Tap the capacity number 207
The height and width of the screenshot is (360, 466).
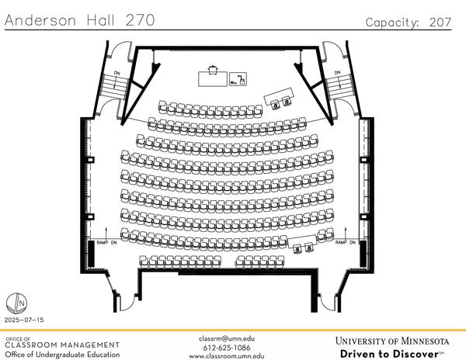tap(440, 22)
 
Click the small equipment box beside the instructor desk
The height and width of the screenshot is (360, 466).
tap(242, 78)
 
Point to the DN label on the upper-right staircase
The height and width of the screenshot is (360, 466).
tap(337, 73)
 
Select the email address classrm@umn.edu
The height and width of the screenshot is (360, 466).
tap(226, 339)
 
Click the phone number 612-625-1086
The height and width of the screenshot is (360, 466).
tap(226, 348)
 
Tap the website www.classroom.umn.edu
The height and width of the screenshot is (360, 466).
tap(226, 356)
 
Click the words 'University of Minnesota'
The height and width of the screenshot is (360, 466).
tap(392, 341)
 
